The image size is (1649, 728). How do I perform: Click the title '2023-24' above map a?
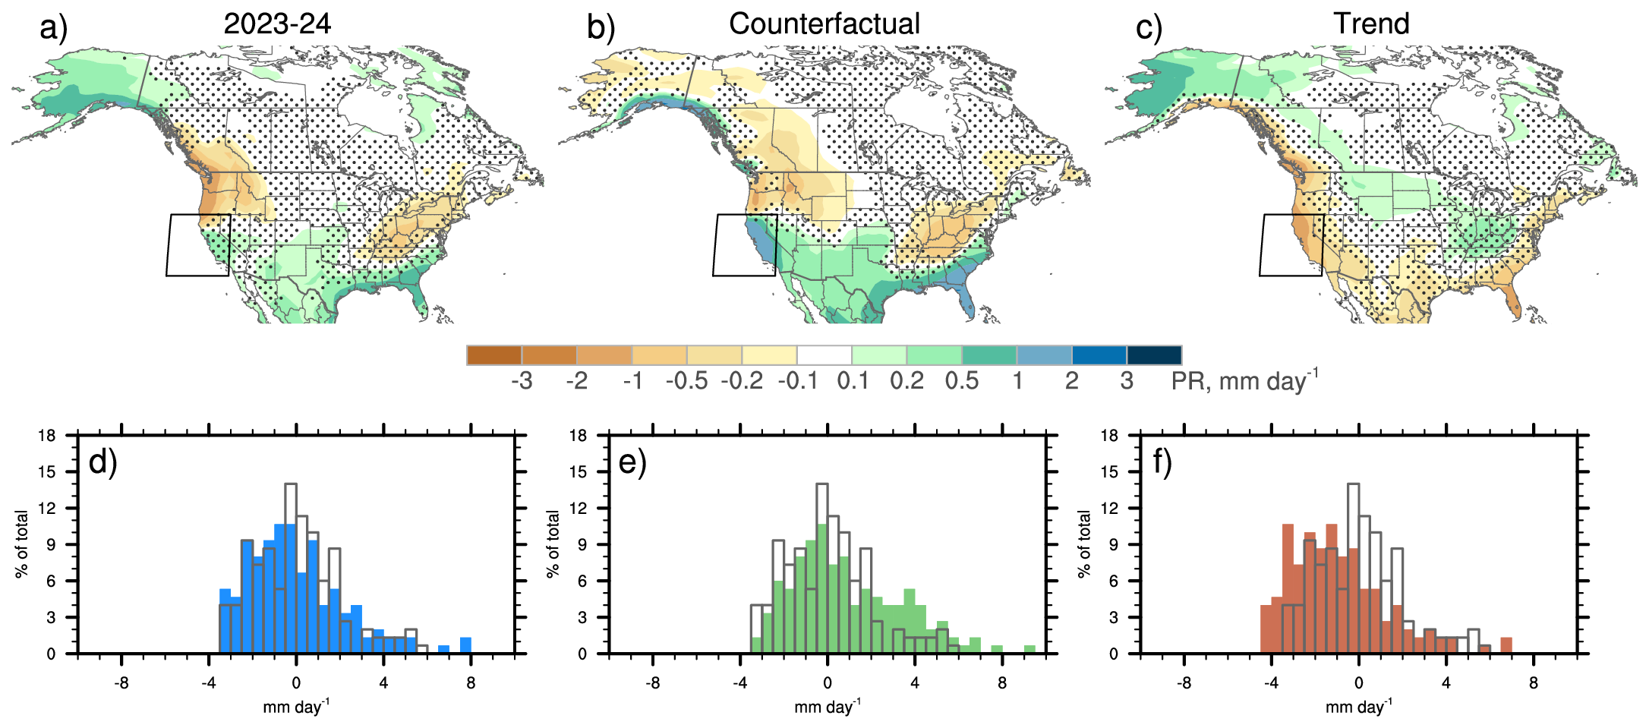click(277, 24)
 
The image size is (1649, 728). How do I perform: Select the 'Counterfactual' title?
click(824, 24)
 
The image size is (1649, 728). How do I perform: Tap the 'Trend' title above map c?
click(1371, 24)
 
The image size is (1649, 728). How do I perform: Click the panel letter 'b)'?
click(601, 28)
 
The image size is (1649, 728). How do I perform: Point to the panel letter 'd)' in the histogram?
click(102, 462)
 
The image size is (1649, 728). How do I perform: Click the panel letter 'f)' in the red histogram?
click(1162, 462)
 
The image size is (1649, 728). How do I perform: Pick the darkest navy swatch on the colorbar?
click(1154, 355)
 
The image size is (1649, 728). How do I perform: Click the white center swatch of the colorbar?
click(824, 355)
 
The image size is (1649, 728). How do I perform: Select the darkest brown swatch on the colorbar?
click(494, 355)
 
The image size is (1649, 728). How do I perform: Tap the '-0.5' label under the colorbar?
click(686, 380)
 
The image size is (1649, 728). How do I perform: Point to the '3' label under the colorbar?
click(1127, 380)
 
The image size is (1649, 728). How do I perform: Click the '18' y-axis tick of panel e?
click(579, 436)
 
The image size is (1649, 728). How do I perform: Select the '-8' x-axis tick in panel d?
click(121, 683)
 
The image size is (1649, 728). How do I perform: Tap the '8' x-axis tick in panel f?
click(1534, 683)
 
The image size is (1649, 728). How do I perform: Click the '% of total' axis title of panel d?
click(21, 544)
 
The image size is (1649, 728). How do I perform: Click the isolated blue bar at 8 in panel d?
click(465, 645)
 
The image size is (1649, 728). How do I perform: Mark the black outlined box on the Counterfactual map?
click(745, 244)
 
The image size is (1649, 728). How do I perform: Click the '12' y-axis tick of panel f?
click(1109, 509)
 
